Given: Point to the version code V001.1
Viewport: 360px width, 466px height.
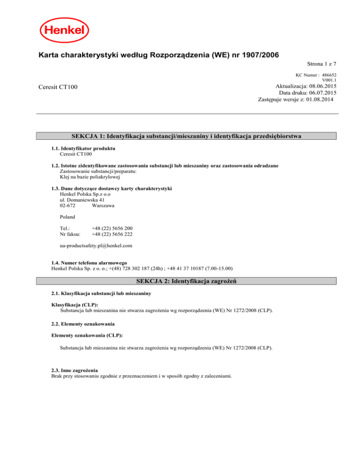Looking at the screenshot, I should (330, 80).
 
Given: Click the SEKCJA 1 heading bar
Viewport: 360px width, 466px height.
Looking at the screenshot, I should (186, 136).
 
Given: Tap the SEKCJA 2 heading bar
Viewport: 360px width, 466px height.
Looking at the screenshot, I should (186, 280).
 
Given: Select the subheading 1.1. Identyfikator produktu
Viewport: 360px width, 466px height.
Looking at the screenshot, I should (83, 148).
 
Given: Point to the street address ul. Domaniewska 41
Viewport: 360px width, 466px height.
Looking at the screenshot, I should (82, 200).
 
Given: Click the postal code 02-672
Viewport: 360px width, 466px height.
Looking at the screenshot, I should (68, 206).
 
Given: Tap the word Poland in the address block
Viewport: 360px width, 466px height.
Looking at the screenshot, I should (68, 218).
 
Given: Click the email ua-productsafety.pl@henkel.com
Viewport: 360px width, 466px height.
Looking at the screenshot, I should (96, 245).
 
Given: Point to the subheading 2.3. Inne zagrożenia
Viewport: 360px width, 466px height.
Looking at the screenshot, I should (75, 370).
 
